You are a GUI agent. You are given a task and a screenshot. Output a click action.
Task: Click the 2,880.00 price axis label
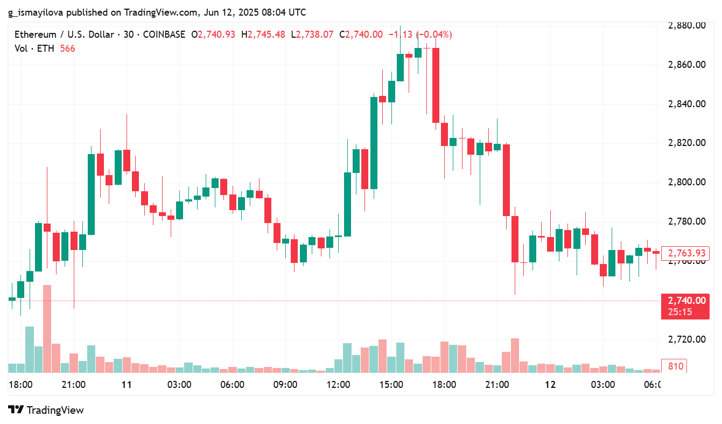[x=686, y=25]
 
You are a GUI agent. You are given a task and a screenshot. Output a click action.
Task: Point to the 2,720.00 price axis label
[x=686, y=339]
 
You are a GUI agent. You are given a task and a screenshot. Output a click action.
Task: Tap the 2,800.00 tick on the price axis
[x=686, y=182]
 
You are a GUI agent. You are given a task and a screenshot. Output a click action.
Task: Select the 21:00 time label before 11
[x=73, y=385]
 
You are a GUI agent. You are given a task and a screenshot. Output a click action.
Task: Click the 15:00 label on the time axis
[x=391, y=385]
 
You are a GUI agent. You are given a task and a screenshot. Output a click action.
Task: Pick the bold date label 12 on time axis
[x=550, y=385]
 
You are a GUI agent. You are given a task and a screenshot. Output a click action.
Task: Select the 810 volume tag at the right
[x=676, y=366]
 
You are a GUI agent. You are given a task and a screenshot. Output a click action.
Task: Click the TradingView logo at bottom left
[x=46, y=410]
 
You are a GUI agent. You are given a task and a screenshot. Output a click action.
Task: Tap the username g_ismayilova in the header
[x=36, y=12]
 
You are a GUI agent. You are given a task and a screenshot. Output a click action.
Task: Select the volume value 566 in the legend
[x=67, y=48]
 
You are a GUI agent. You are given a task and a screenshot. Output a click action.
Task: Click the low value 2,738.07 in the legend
[x=316, y=34]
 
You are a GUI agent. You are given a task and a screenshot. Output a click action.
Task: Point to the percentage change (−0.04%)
[x=434, y=34]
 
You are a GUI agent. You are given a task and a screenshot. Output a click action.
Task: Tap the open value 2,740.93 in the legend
[x=216, y=34]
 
